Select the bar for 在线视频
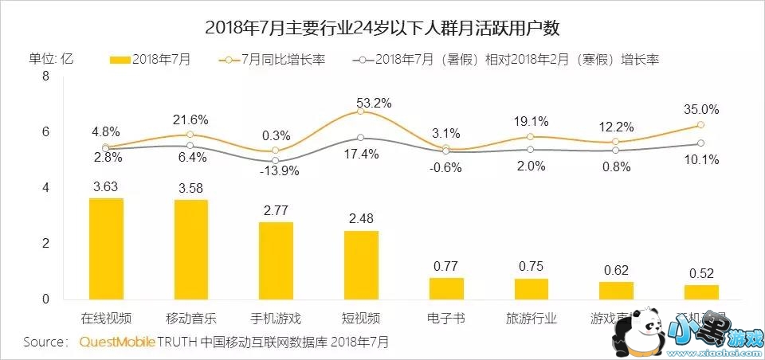tap(106, 248)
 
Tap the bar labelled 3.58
tap(191, 249)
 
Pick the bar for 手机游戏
tap(276, 260)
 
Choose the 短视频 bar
tap(361, 264)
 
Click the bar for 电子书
tap(446, 288)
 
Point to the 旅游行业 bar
tap(531, 288)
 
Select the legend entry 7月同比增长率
tap(275, 59)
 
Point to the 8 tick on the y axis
tap(45, 76)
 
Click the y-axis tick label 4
tap(45, 188)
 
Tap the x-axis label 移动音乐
tap(191, 318)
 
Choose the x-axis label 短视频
tap(361, 318)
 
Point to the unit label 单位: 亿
tap(52, 59)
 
